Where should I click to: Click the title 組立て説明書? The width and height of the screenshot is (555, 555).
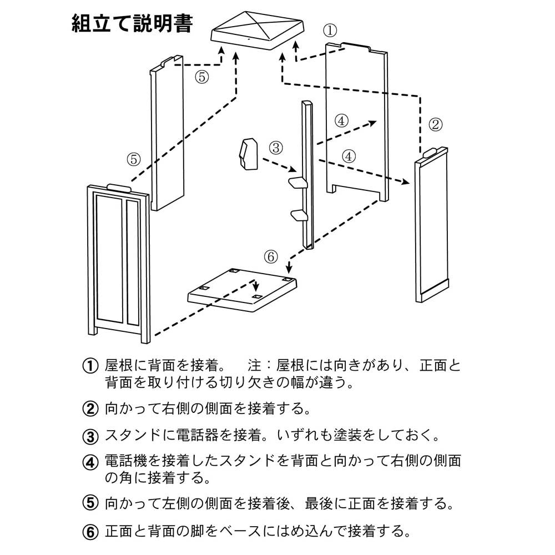(132, 24)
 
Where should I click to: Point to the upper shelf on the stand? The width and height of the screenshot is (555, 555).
(297, 183)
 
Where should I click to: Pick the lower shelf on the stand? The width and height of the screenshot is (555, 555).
(297, 215)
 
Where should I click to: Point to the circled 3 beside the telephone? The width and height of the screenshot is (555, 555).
(276, 148)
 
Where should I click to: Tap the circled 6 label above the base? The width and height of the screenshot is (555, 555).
(270, 256)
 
